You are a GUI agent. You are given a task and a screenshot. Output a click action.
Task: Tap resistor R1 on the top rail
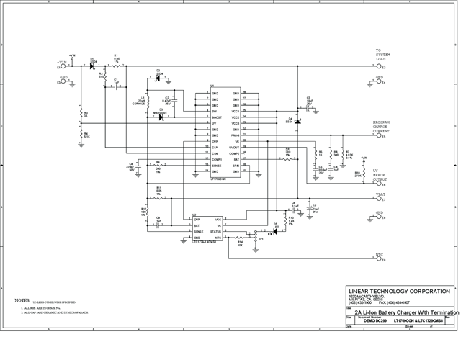click(116, 66)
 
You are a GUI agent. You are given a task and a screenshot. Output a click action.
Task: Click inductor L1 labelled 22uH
click(147, 99)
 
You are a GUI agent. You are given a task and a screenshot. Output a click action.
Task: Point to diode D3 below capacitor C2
click(161, 117)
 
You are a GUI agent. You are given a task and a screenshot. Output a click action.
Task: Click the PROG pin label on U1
click(235, 135)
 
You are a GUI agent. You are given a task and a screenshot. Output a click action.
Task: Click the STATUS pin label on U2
click(215, 231)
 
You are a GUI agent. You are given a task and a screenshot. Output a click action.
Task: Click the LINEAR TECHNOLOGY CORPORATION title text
click(399, 291)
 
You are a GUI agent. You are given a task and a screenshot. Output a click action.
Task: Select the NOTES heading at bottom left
click(22, 300)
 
